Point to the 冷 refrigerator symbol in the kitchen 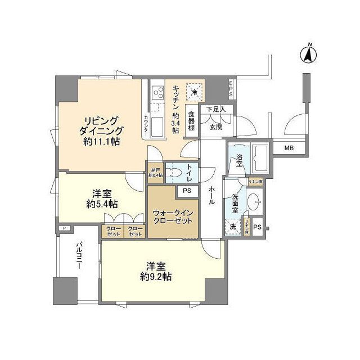coord(193,92)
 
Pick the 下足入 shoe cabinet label coord(215,109)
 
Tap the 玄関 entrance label coord(216,127)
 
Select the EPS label coord(231,89)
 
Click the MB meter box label coord(288,148)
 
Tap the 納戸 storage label coord(155,172)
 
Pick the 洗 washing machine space coord(232,227)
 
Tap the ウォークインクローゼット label coord(173,217)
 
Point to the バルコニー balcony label coord(79,258)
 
